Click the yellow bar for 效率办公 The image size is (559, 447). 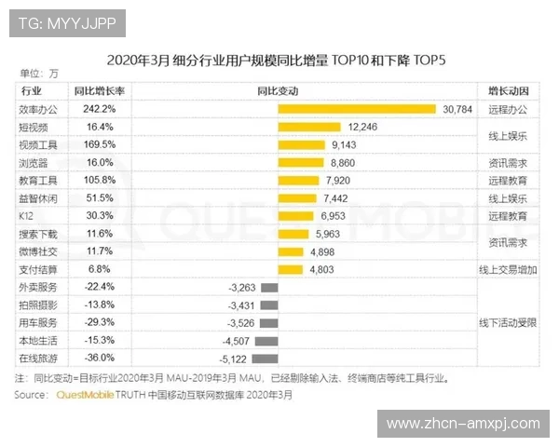[356, 109]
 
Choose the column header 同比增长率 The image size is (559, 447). [100, 91]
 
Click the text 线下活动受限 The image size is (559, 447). [509, 322]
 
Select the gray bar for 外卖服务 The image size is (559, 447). [269, 287]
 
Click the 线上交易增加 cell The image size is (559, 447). [509, 269]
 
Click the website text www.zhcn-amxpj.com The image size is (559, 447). [463, 424]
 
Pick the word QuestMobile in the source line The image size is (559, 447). [86, 395]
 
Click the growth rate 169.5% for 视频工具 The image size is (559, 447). [99, 144]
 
